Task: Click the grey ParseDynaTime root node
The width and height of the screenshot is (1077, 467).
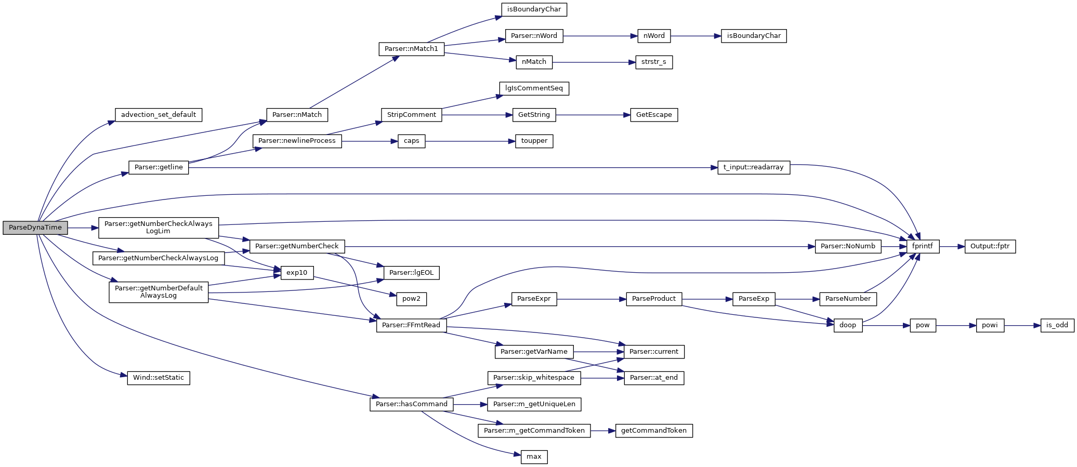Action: pyautogui.click(x=35, y=228)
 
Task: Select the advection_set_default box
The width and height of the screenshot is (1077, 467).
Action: pyautogui.click(x=158, y=115)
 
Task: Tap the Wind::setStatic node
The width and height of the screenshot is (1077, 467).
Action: pyautogui.click(x=158, y=378)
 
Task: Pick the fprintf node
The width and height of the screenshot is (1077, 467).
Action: pyautogui.click(x=923, y=246)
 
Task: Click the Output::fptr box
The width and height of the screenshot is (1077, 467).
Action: pyautogui.click(x=990, y=246)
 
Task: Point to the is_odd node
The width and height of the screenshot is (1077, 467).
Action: pyautogui.click(x=1057, y=325)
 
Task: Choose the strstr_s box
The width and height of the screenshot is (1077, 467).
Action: pyautogui.click(x=653, y=62)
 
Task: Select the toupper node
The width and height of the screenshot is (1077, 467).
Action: pyautogui.click(x=534, y=141)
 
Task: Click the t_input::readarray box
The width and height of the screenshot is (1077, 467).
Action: pyautogui.click(x=753, y=167)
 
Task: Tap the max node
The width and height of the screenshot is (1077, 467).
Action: pyautogui.click(x=534, y=457)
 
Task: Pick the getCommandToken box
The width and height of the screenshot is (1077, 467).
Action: pyautogui.click(x=653, y=430)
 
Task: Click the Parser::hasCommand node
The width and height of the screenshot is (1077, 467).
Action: pyautogui.click(x=411, y=404)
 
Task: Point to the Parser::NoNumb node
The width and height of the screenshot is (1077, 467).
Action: pyautogui.click(x=847, y=246)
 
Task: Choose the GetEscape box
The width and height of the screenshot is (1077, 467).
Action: pyautogui.click(x=653, y=115)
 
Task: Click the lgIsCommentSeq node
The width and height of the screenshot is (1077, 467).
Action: pyautogui.click(x=534, y=88)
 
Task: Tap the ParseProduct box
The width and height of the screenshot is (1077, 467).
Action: pyautogui.click(x=653, y=299)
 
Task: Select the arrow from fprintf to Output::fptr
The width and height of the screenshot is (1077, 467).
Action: pyautogui.click(x=952, y=246)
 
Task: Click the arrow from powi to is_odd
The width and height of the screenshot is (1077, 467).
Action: pyautogui.click(x=1022, y=325)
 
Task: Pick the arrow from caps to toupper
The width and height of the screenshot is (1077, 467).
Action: pyautogui.click(x=470, y=141)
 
